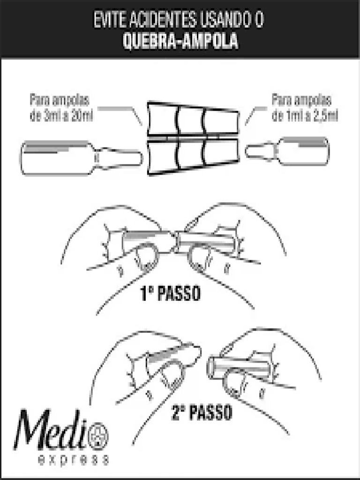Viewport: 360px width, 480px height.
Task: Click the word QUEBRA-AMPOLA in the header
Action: point(180,42)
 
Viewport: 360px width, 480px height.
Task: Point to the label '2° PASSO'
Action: point(202,413)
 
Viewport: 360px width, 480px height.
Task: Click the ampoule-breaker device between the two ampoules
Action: point(193,138)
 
